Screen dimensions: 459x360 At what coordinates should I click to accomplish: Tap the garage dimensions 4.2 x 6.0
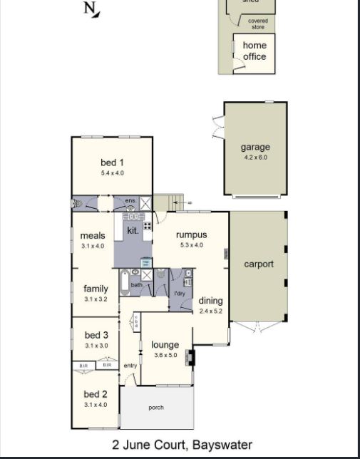(254, 158)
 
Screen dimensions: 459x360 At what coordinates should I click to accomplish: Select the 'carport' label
(259, 264)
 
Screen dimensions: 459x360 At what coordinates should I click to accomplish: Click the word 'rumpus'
(191, 235)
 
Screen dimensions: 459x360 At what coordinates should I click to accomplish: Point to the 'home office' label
(254, 51)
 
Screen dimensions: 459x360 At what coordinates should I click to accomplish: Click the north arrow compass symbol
(92, 9)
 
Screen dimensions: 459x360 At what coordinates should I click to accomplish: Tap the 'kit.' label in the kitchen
(133, 230)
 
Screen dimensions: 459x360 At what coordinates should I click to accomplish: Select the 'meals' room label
(93, 236)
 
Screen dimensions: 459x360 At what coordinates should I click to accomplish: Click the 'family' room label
(96, 289)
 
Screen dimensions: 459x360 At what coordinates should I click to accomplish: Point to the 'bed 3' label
(96, 335)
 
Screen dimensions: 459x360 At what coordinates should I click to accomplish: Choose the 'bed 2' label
(95, 394)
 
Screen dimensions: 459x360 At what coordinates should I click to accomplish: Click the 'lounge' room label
(165, 345)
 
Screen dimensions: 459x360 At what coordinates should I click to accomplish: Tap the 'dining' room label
(210, 301)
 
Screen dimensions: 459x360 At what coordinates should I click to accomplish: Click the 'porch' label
(155, 408)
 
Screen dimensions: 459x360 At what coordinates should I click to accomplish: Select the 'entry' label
(130, 366)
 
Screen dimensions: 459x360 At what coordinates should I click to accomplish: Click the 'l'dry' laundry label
(180, 293)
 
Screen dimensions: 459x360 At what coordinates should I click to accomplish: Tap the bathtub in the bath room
(125, 284)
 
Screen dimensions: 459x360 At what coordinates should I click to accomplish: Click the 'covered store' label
(258, 24)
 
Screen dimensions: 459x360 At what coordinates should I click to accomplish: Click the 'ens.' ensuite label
(130, 201)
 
